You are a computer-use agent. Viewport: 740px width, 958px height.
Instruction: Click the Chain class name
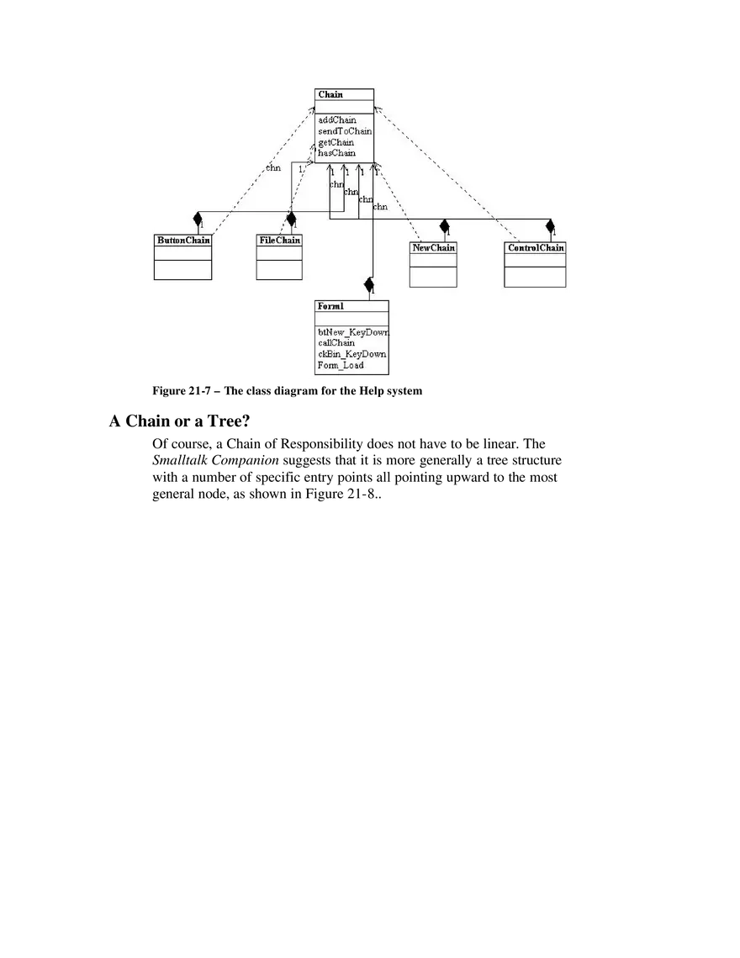[330, 95]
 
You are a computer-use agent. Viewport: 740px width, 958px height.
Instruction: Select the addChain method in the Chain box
[336, 119]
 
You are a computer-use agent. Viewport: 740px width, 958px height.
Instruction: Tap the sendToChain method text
[345, 130]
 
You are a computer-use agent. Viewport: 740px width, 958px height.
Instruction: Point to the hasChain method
[336, 153]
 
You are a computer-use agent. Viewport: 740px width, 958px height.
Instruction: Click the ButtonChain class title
[183, 240]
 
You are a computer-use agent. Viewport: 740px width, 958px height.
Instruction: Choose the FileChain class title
[280, 240]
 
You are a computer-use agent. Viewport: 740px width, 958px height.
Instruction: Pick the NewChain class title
[433, 247]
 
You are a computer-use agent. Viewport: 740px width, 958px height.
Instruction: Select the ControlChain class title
[536, 247]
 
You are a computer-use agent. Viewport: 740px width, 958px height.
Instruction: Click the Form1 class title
[330, 306]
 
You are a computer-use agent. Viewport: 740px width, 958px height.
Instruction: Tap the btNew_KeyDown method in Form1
[353, 332]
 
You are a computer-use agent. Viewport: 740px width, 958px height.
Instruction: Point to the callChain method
[336, 343]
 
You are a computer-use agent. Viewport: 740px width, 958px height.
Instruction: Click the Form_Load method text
[341, 365]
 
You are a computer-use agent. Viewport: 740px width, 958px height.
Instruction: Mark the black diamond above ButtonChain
[198, 219]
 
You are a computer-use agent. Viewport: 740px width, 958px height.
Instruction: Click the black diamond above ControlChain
[550, 226]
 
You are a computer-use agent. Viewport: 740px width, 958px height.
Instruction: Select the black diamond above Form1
[368, 285]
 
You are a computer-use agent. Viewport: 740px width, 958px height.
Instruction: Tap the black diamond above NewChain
[444, 226]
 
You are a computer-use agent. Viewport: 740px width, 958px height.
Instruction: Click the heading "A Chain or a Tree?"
[180, 421]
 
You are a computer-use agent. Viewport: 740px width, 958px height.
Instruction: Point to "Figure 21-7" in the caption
[182, 391]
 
